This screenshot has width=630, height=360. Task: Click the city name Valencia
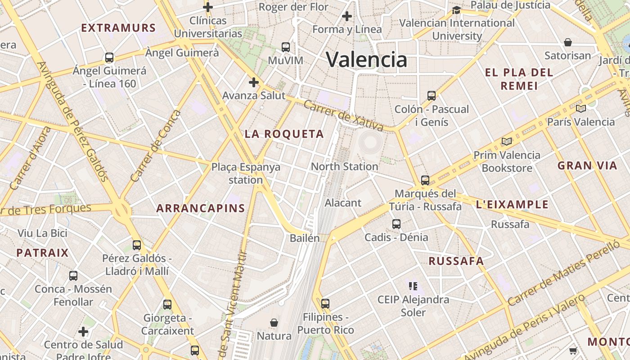coord(366,59)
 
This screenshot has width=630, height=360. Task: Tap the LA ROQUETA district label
coord(284,134)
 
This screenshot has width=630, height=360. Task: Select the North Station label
coord(344,166)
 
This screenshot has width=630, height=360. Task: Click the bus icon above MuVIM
coord(285,47)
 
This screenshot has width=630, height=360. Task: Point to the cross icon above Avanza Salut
coord(254,82)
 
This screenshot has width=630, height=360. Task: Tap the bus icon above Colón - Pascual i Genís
coord(431,95)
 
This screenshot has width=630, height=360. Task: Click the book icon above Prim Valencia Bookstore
coord(507,142)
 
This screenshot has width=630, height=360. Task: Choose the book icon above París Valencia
coord(580,108)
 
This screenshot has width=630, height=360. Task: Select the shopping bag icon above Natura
coord(274,323)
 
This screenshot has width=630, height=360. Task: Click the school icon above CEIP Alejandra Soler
coord(413,286)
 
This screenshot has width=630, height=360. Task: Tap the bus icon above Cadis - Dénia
coord(396,224)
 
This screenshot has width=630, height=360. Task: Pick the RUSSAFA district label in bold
coord(456,261)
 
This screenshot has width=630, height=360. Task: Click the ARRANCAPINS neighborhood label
coord(200,208)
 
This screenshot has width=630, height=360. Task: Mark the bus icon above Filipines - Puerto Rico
coord(325,303)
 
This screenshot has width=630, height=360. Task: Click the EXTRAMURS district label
coord(118,28)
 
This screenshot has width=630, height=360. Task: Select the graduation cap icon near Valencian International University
coord(456,10)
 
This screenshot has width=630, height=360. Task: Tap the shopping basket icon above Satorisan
coord(568,42)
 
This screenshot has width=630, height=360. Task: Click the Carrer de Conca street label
coord(155,146)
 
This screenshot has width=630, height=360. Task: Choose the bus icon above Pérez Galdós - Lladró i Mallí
coord(136,245)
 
